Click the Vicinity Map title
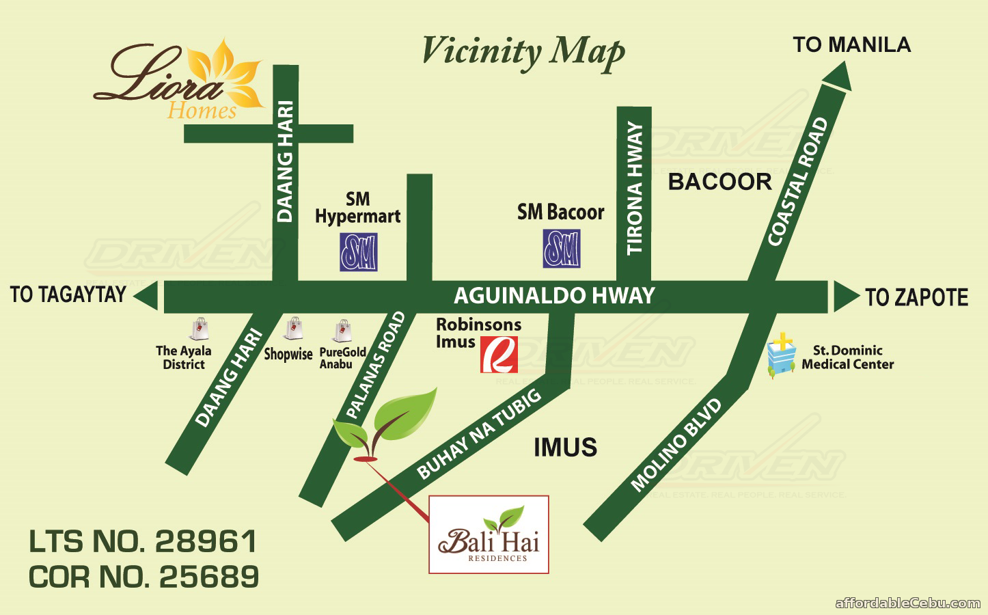(523, 53)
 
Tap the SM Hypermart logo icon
(359, 252)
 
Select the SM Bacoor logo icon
(562, 248)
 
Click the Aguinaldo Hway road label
(554, 296)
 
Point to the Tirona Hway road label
(634, 188)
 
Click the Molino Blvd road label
(676, 445)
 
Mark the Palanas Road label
(376, 365)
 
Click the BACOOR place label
(719, 182)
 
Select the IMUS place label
(565, 448)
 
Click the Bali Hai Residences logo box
(489, 534)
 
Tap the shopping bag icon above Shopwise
(294, 329)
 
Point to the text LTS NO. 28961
(143, 542)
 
